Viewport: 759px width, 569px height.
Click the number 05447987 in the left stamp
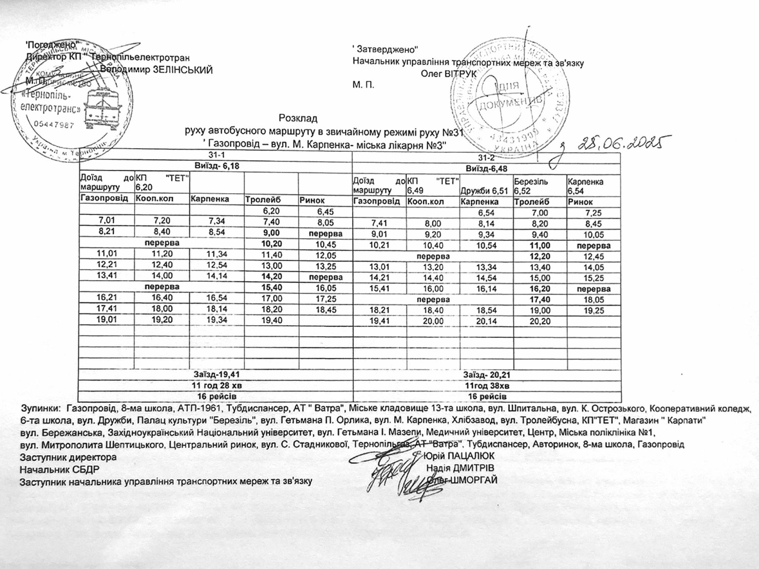54,125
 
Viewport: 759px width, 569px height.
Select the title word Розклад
298,118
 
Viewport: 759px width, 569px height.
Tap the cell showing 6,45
325,212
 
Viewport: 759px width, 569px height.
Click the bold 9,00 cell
271,233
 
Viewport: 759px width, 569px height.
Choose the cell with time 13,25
325,265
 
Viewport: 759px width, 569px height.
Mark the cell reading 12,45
593,257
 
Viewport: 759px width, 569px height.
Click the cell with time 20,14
486,321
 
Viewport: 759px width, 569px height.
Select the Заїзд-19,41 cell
216,374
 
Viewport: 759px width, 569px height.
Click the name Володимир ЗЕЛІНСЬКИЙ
157,70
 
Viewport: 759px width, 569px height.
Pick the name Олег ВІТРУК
449,73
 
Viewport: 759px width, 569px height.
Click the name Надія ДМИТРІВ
460,468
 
